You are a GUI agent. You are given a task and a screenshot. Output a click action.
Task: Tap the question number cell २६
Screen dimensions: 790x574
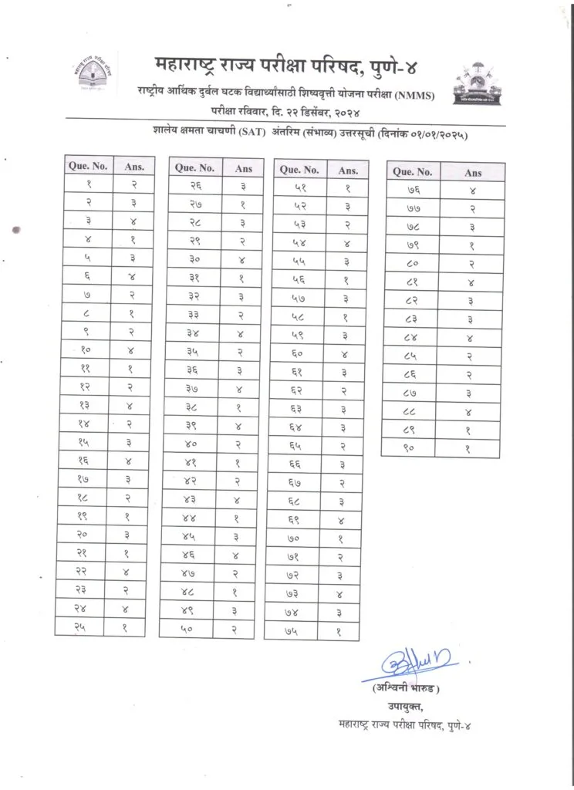[196, 185]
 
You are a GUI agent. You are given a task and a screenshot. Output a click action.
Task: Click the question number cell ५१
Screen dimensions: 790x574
[301, 187]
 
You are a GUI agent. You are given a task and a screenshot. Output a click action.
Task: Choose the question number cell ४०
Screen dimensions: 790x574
[195, 444]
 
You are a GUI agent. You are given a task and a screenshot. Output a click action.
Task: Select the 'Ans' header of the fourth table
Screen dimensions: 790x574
[472, 172]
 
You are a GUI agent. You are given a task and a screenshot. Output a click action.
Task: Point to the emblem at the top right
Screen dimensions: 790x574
[478, 85]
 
